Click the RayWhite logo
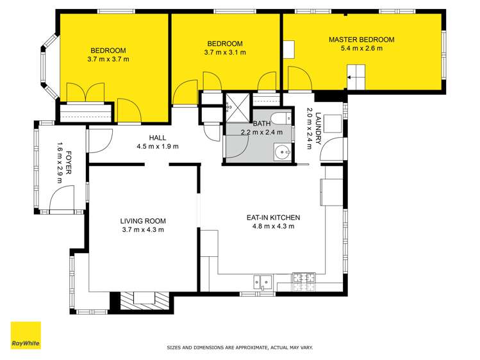coord(26,336)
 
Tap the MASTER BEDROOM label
coord(361,40)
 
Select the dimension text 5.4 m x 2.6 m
coord(361,49)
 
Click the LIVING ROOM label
coord(142,222)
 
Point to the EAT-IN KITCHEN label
coord(273,218)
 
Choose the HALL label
coord(157,138)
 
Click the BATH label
coord(261,124)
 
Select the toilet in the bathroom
coord(279,119)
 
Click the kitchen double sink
coord(263,280)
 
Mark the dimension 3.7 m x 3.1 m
coord(225,53)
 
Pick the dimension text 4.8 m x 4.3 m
coord(273,226)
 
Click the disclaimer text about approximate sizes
coord(240,348)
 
